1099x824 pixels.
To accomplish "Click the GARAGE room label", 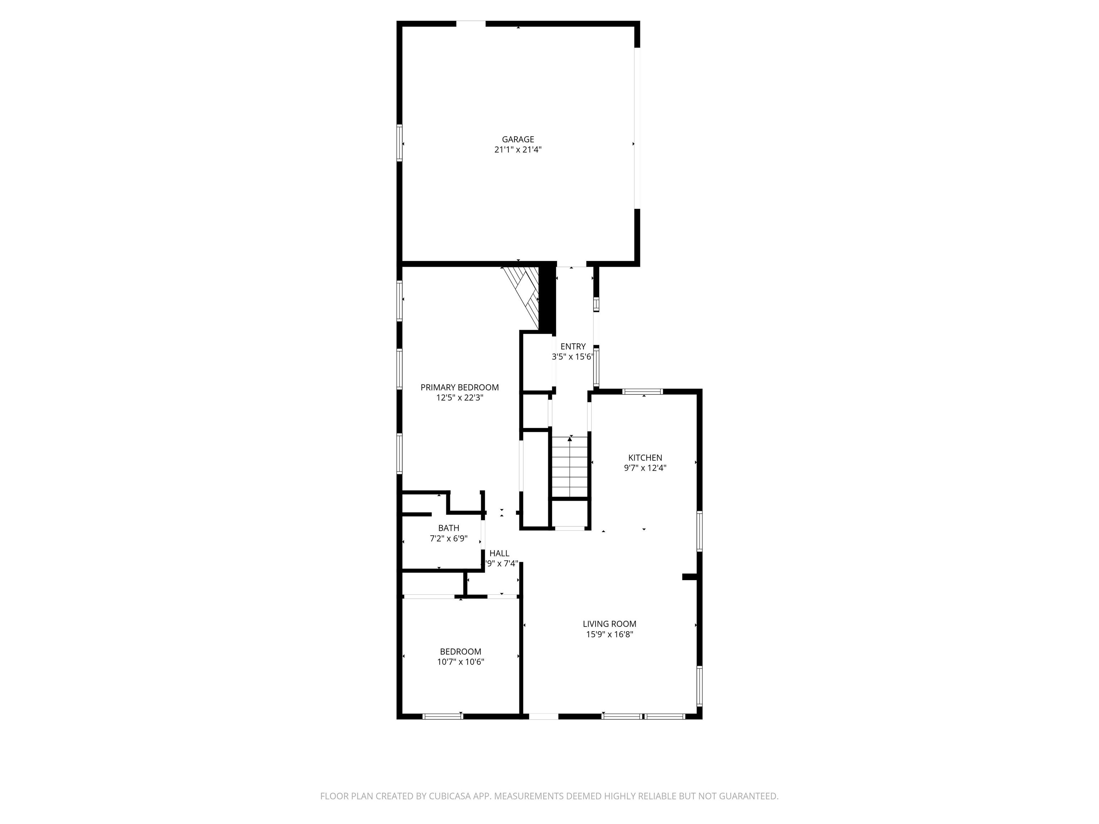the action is [518, 139].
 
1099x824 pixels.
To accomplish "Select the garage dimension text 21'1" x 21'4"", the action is [518, 149].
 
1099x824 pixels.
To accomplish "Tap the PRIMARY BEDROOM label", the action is [460, 387].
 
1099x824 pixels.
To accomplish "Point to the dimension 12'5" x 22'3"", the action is [460, 397].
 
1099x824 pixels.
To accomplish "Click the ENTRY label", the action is [573, 347].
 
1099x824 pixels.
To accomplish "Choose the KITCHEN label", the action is [645, 457].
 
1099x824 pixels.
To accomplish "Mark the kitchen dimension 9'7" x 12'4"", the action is [645, 467].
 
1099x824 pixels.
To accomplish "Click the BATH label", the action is [449, 528].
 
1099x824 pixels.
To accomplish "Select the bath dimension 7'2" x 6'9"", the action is [449, 538].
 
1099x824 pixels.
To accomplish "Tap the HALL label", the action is [499, 553].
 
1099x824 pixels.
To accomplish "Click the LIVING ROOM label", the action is [610, 624].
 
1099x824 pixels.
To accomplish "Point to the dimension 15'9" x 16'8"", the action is [610, 634].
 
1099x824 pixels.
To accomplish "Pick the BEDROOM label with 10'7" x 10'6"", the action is [460, 652].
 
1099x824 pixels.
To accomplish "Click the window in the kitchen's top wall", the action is [643, 391].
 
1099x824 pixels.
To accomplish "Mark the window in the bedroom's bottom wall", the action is [443, 716].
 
